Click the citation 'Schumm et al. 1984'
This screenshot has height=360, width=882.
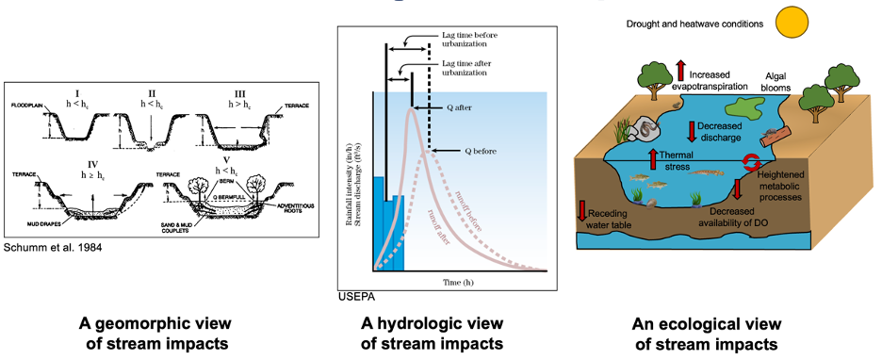point(55,247)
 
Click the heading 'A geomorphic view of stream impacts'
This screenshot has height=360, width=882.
point(155,333)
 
